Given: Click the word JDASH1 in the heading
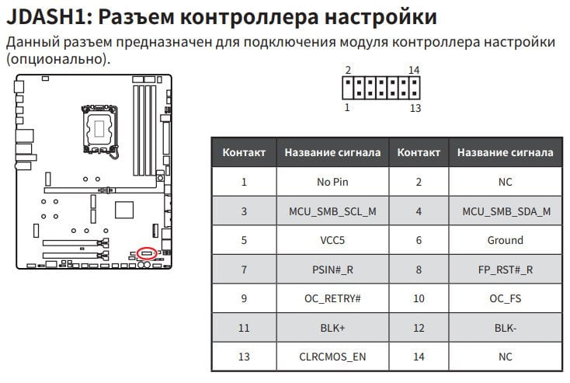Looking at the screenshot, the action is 50,17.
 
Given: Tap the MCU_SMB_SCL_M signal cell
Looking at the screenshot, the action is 332,211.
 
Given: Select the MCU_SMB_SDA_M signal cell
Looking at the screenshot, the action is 506,211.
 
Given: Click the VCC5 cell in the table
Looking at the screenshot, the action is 332,240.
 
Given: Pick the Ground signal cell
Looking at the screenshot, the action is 506,240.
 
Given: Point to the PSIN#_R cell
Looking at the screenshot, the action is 332,270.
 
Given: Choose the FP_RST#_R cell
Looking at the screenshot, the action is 506,270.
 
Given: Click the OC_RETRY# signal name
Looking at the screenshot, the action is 332,298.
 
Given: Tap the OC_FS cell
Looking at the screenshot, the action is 506,298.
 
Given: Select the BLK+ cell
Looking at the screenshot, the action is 332,328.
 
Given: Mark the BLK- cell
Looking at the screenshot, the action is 506,328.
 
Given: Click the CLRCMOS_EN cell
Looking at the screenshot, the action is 332,357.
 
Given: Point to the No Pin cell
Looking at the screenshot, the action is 332,182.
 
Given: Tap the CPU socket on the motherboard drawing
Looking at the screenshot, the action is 99,129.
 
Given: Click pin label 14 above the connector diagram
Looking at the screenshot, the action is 414,70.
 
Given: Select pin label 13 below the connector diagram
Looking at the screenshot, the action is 415,108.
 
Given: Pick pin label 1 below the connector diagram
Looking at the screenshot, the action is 347,108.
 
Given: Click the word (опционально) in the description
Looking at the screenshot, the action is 58,59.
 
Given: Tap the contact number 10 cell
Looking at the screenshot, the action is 419,298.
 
